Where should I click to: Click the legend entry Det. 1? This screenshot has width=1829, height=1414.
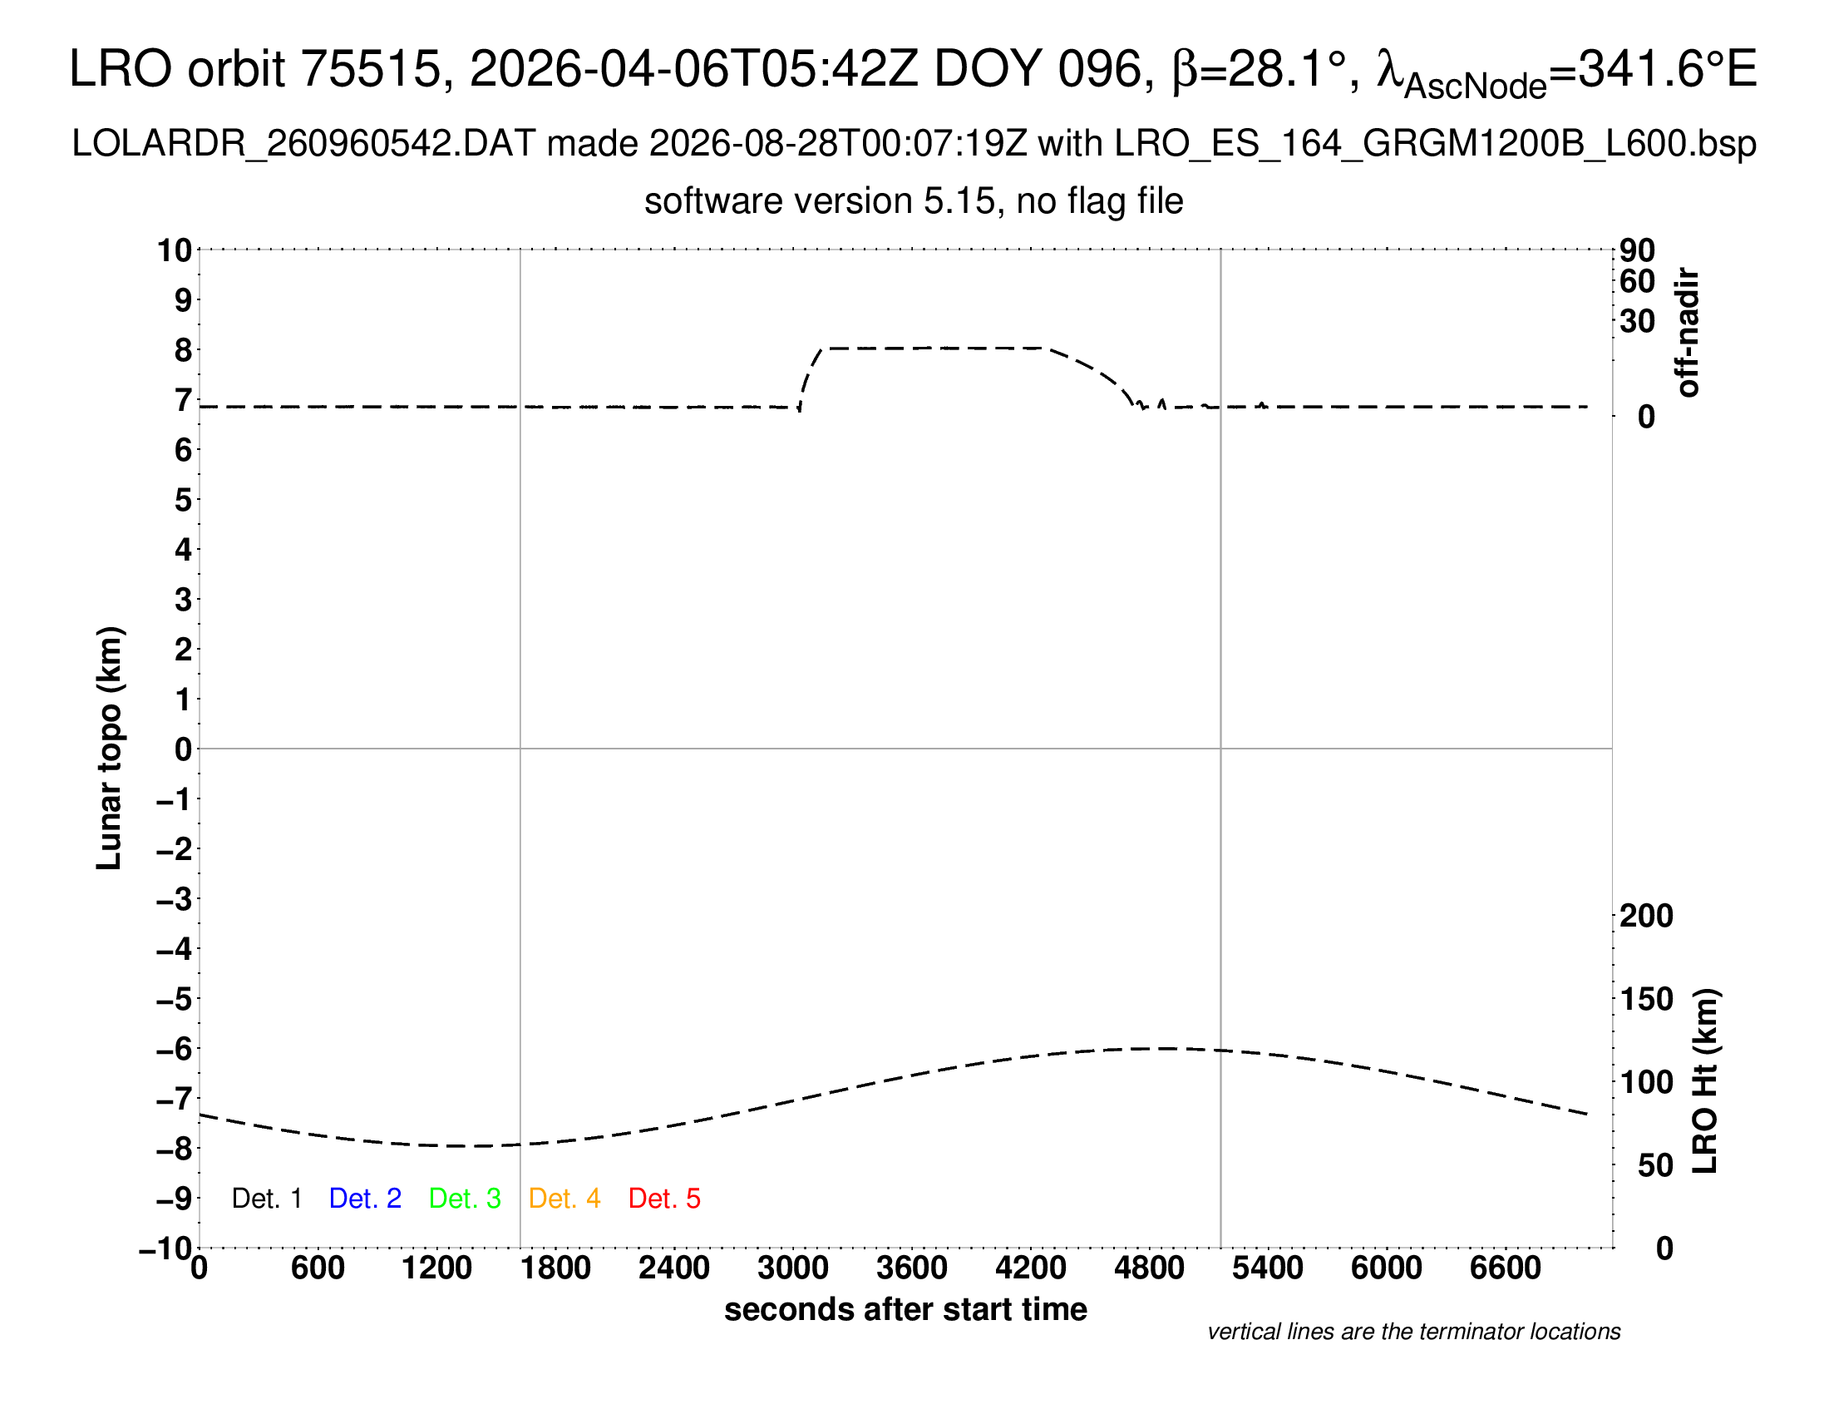pyautogui.click(x=266, y=1199)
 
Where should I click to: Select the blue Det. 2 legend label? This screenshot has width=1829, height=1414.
pyautogui.click(x=365, y=1199)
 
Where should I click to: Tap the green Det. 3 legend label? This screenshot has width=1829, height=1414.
pyautogui.click(x=465, y=1199)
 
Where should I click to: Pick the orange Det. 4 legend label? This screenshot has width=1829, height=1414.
pyautogui.click(x=564, y=1199)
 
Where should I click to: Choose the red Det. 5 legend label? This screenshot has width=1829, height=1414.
pyautogui.click(x=664, y=1199)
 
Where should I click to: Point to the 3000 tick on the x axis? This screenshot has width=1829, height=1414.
pyautogui.click(x=793, y=1268)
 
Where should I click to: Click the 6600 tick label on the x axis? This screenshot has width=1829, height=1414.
pyautogui.click(x=1505, y=1268)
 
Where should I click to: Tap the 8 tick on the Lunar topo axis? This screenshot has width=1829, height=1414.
pyautogui.click(x=184, y=350)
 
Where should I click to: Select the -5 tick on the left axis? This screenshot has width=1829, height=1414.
pyautogui.click(x=175, y=999)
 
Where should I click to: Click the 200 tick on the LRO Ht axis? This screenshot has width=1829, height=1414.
pyautogui.click(x=1646, y=916)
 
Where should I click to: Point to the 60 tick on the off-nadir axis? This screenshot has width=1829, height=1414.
pyautogui.click(x=1637, y=281)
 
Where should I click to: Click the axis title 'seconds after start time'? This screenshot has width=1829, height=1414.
pyautogui.click(x=905, y=1309)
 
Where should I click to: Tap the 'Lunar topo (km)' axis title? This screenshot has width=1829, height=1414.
pyautogui.click(x=110, y=748)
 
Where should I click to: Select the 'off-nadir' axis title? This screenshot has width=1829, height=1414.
pyautogui.click(x=1688, y=333)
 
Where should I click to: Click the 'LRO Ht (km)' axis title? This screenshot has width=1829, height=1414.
pyautogui.click(x=1705, y=1081)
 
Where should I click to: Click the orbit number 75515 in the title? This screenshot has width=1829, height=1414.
pyautogui.click(x=371, y=68)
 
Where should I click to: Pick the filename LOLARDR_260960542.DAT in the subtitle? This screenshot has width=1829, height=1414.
pyautogui.click(x=303, y=144)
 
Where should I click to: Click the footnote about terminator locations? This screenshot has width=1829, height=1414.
pyautogui.click(x=1413, y=1332)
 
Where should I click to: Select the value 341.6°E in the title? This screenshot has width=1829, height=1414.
pyautogui.click(x=1668, y=68)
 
